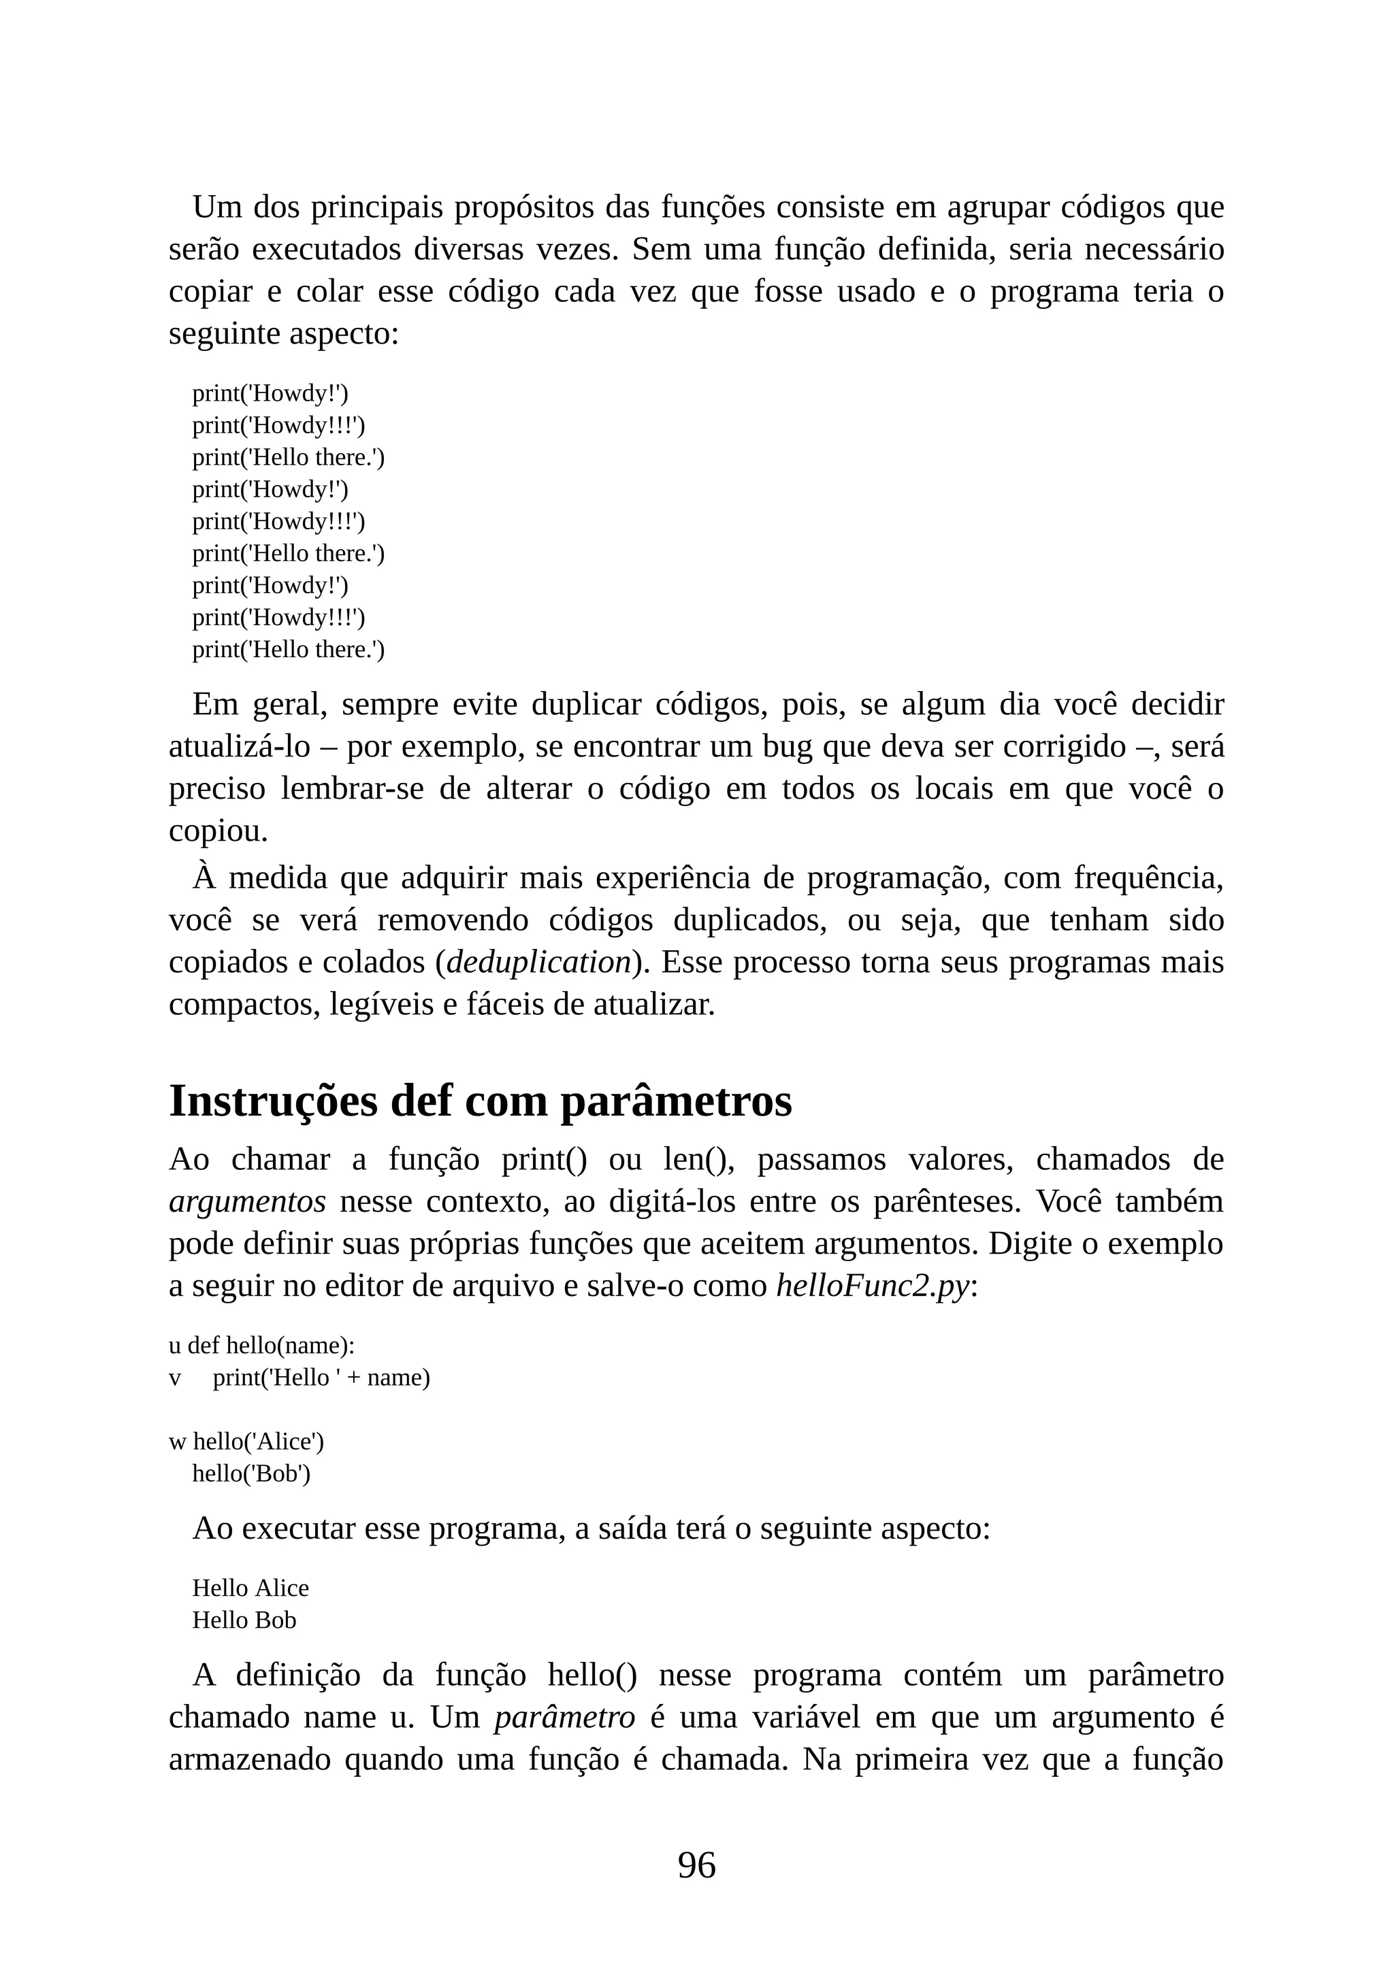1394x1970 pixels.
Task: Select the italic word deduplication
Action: [x=539, y=963]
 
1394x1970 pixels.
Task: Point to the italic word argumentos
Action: [x=247, y=1201]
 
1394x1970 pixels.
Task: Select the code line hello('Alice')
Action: [x=259, y=1441]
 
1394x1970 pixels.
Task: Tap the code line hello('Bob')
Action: [x=250, y=1473]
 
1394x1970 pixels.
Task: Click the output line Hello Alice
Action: [x=250, y=1588]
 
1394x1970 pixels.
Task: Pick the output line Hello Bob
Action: [x=244, y=1620]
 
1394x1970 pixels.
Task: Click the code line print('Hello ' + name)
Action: [x=321, y=1377]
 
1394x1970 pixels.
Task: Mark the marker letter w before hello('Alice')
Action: [x=177, y=1442]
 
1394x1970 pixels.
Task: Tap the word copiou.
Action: [x=218, y=831]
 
